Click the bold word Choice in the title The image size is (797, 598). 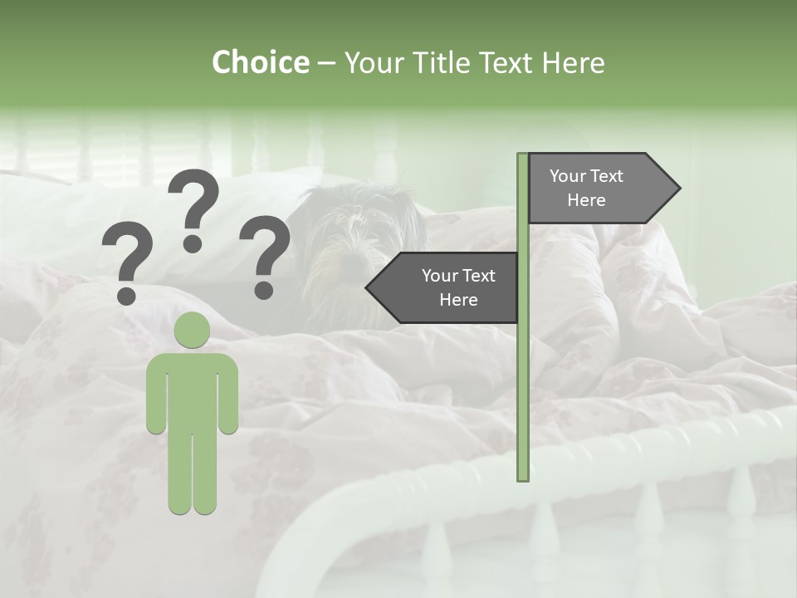coord(260,62)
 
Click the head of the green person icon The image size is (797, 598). coord(192,330)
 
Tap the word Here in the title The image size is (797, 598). coord(573,62)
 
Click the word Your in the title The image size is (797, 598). coord(372,62)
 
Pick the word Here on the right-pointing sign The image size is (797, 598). coord(586,200)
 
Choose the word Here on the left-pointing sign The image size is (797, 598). coord(458,300)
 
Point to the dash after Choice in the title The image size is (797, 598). coord(325,63)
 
